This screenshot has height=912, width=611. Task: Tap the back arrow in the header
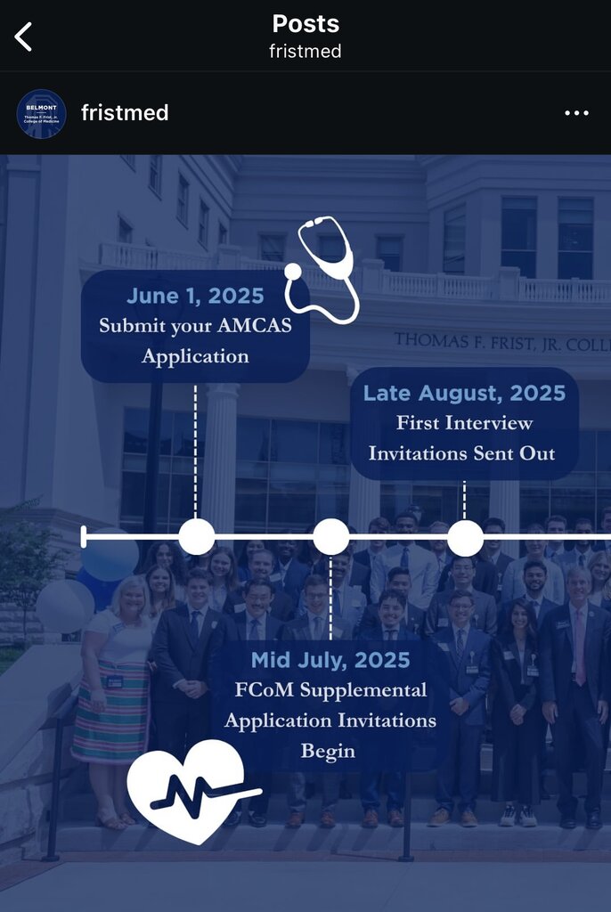pyautogui.click(x=23, y=37)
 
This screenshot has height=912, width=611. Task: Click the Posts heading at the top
pyautogui.click(x=305, y=24)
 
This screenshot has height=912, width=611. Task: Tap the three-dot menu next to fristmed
pyautogui.click(x=576, y=113)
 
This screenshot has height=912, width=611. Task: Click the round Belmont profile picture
pyautogui.click(x=41, y=113)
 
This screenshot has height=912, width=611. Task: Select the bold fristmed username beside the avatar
pyautogui.click(x=125, y=112)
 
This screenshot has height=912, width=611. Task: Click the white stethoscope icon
pyautogui.click(x=322, y=269)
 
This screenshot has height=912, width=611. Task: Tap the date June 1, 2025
pyautogui.click(x=196, y=296)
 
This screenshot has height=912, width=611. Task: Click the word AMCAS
pyautogui.click(x=255, y=325)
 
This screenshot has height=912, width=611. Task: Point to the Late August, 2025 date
pyautogui.click(x=464, y=393)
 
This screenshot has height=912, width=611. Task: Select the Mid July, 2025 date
pyautogui.click(x=330, y=660)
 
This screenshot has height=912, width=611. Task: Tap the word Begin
pyautogui.click(x=328, y=752)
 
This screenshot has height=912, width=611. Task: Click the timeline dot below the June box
pyautogui.click(x=197, y=537)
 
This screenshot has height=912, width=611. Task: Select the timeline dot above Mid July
pyautogui.click(x=331, y=537)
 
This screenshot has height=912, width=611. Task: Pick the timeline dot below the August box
pyautogui.click(x=465, y=538)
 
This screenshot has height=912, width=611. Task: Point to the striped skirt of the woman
pyautogui.click(x=110, y=712)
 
